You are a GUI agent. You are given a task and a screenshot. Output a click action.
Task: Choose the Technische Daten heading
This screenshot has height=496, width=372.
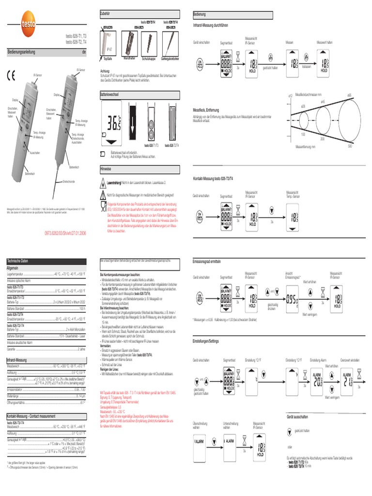coord(17,261)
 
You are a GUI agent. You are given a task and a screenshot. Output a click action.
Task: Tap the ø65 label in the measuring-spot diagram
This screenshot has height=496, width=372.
coord(349,95)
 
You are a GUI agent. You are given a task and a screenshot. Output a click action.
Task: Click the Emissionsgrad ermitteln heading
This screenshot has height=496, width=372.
coord(207,261)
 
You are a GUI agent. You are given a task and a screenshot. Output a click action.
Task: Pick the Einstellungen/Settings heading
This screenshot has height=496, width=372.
coord(206,341)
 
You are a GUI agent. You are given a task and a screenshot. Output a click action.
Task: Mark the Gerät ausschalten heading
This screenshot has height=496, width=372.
coord(297,417)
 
